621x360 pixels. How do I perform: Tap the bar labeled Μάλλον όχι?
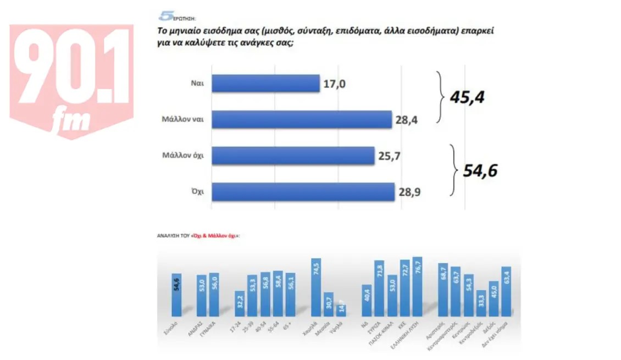292,156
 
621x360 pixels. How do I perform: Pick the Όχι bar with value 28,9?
303,192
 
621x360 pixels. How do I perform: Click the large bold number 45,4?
468,97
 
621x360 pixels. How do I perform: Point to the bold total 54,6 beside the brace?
480,170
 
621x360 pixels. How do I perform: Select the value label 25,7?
389,156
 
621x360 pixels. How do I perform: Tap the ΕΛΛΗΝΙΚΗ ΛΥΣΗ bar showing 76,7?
417,287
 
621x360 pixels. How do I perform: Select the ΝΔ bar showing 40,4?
366,300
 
